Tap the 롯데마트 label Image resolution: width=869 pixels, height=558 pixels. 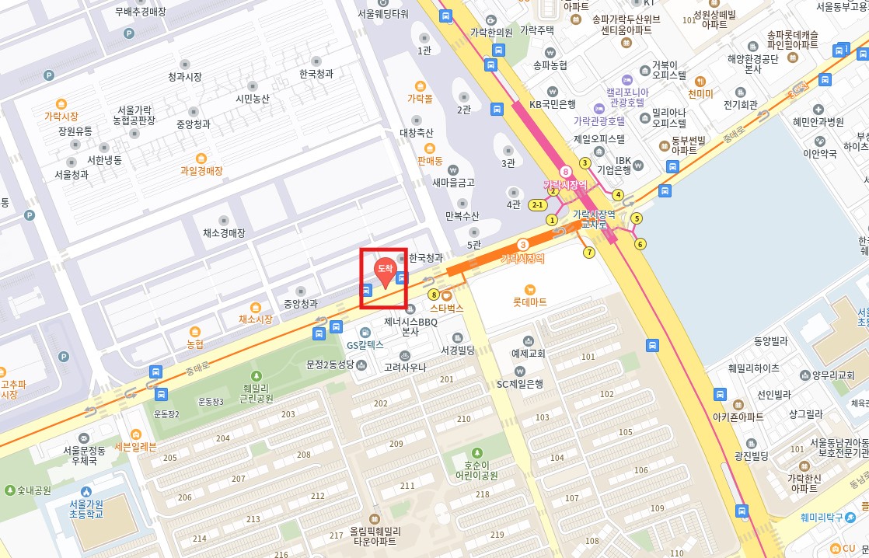529,301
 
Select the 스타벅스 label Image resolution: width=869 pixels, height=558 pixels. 447,308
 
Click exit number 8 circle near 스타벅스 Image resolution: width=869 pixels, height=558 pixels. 434,295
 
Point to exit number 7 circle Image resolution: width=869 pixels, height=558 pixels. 588,252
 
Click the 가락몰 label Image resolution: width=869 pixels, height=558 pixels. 420,99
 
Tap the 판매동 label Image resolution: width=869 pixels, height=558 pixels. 429,161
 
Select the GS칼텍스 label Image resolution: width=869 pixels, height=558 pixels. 365,344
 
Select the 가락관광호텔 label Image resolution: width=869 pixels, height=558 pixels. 599,120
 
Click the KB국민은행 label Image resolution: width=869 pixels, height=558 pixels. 552,103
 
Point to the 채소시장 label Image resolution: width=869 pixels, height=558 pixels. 255,319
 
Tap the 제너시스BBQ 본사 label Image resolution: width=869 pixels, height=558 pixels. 411,326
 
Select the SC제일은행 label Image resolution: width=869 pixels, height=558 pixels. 519,383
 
